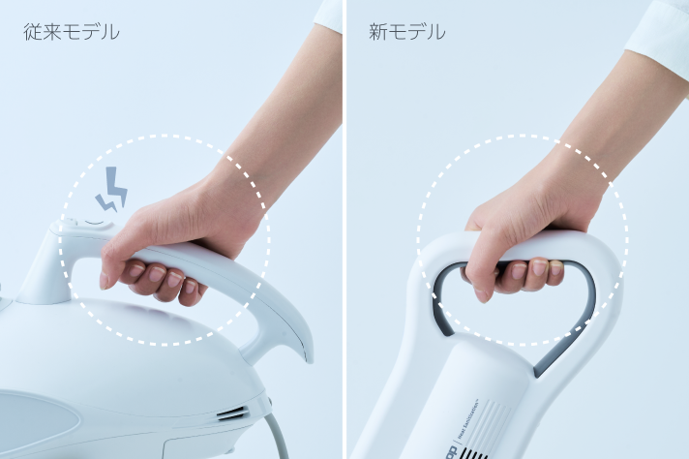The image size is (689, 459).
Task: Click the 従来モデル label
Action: click(x=72, y=32)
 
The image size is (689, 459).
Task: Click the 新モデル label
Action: click(x=406, y=32)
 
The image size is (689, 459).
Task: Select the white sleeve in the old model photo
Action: click(x=331, y=14)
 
